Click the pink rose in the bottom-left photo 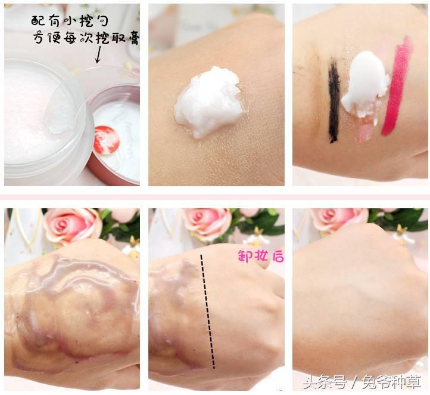pyautogui.click(x=72, y=225)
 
